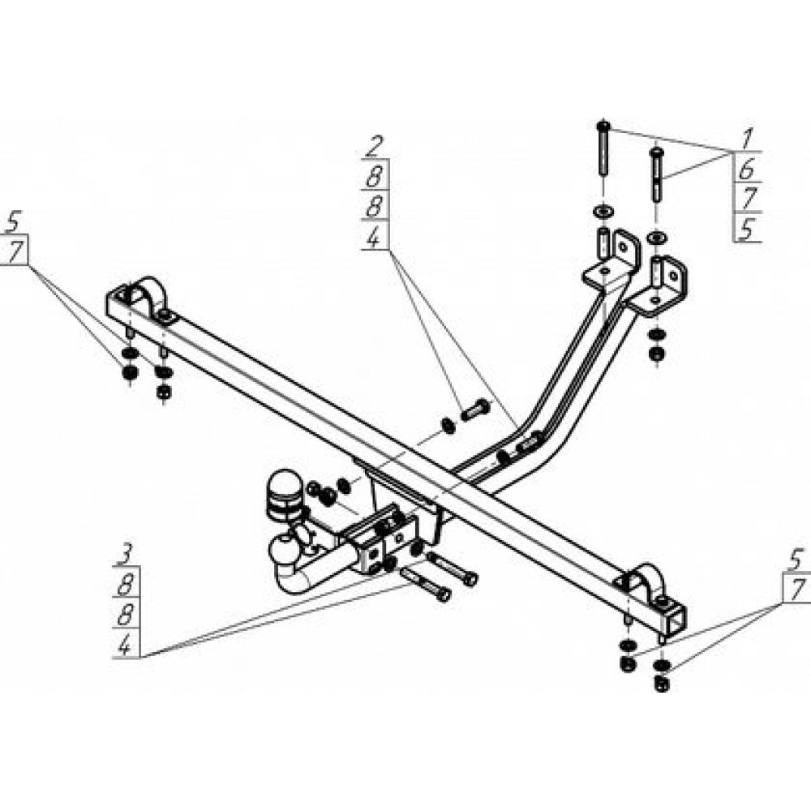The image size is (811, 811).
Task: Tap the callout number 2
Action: pyautogui.click(x=375, y=147)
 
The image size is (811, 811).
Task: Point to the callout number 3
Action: pyautogui.click(x=125, y=555)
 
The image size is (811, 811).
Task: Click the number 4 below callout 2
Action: pyautogui.click(x=374, y=237)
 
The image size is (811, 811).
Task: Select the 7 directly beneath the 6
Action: pyautogui.click(x=747, y=199)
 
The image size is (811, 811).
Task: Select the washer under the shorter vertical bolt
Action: pyautogui.click(x=656, y=238)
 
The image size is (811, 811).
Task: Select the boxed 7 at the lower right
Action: pyautogui.click(x=796, y=590)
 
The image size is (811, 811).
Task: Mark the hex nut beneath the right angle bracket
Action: pyautogui.click(x=656, y=354)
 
